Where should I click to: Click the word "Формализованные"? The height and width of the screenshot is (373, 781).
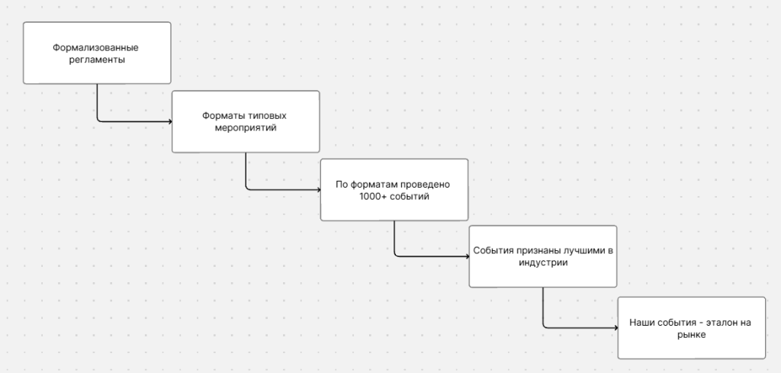click(x=95, y=47)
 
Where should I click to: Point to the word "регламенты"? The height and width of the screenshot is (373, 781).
click(x=95, y=59)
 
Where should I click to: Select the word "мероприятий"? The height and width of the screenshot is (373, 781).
click(x=244, y=128)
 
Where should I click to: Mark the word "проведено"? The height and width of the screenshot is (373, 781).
click(x=427, y=184)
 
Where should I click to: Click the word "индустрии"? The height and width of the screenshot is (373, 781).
click(x=542, y=263)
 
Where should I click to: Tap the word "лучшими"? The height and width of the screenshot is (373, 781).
click(x=586, y=250)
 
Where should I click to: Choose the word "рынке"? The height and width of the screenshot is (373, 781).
click(x=691, y=334)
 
